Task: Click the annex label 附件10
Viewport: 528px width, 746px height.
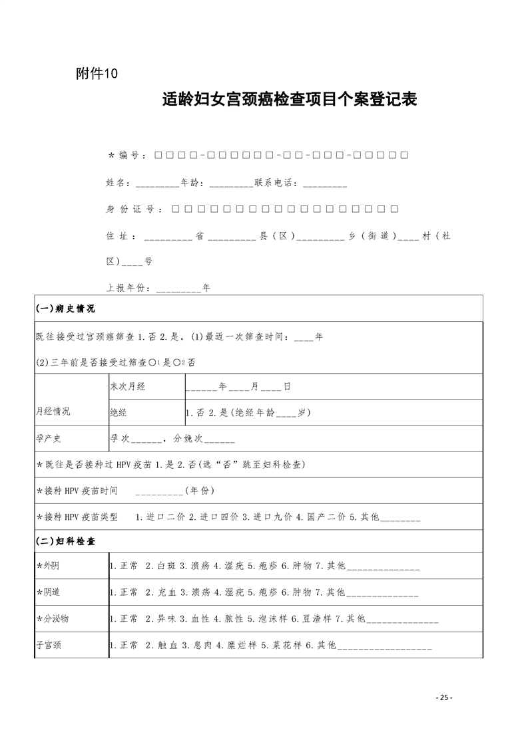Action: pos(97,74)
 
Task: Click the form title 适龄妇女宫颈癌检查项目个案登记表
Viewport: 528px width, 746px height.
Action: pos(290,100)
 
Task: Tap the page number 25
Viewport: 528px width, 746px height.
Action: pos(444,697)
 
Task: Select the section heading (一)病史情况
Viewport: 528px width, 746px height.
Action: pos(65,309)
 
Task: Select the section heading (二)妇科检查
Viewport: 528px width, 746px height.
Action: pos(65,542)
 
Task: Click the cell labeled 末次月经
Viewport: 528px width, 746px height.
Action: pos(127,386)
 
